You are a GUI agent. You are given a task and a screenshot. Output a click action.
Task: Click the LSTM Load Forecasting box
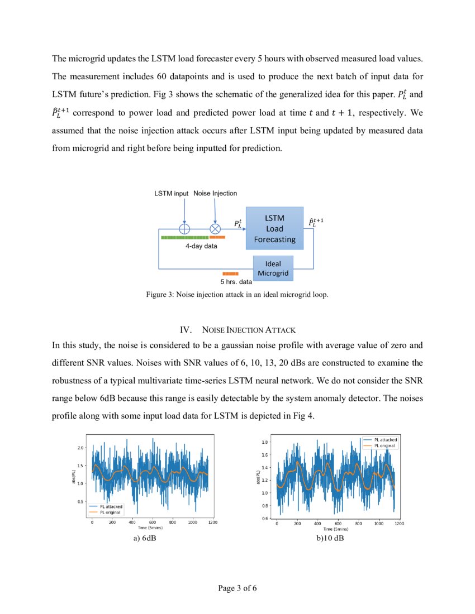pyautogui.click(x=274, y=228)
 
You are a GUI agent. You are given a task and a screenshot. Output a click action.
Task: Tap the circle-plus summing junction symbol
pyautogui.click(x=184, y=228)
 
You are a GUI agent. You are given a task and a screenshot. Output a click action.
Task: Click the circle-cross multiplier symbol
pyautogui.click(x=215, y=228)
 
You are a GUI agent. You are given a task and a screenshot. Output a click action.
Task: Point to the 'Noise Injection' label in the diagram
pyautogui.click(x=215, y=193)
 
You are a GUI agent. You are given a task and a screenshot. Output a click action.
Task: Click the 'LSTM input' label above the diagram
pyautogui.click(x=171, y=193)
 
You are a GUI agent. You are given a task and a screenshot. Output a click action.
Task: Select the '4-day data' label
pyautogui.click(x=201, y=246)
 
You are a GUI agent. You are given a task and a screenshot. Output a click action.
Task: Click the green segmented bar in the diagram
pyautogui.click(x=184, y=237)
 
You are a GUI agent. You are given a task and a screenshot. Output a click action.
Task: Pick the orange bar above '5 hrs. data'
pyautogui.click(x=230, y=274)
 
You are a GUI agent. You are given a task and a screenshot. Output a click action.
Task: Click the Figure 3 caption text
pyautogui.click(x=237, y=294)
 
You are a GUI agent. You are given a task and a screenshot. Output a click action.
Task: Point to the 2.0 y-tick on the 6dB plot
pyautogui.click(x=80, y=448)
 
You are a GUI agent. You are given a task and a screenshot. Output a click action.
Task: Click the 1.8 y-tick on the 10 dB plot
pyautogui.click(x=265, y=442)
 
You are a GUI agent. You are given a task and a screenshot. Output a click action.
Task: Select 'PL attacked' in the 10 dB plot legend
pyautogui.click(x=386, y=439)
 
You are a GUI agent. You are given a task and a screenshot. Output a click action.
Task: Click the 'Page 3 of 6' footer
pyautogui.click(x=237, y=588)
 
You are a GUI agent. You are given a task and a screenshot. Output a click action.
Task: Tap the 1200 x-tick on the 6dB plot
pyautogui.click(x=212, y=523)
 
